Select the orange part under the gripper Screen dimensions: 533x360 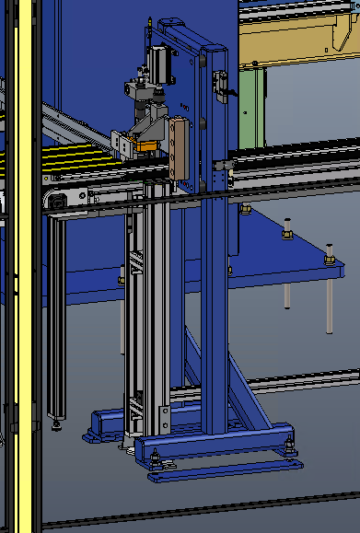click(145, 144)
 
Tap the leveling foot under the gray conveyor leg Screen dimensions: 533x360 click(58, 423)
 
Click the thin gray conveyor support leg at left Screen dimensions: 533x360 click(57, 313)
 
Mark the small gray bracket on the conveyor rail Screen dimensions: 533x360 click(219, 171)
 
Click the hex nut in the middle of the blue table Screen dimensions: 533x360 click(286, 235)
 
